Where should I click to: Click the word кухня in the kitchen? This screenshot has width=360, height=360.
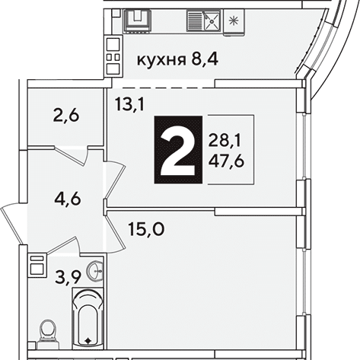[161, 61]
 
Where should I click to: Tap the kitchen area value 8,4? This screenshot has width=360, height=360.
[205, 60]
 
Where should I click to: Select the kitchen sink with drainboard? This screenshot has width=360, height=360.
[204, 21]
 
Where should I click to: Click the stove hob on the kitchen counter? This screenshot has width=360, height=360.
[138, 21]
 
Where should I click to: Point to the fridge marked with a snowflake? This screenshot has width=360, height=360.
[234, 22]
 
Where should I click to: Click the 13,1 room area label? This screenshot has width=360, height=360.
[129, 104]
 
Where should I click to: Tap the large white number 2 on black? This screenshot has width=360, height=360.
[178, 149]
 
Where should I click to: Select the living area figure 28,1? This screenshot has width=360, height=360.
[225, 142]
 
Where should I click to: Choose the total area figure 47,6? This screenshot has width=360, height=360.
[226, 161]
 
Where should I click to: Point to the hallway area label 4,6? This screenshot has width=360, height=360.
[68, 199]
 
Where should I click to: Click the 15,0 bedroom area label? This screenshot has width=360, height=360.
[146, 229]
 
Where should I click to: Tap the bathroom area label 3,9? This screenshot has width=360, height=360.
[68, 277]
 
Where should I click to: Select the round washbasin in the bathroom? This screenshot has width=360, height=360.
[95, 271]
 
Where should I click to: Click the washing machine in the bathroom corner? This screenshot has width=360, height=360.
[37, 265]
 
